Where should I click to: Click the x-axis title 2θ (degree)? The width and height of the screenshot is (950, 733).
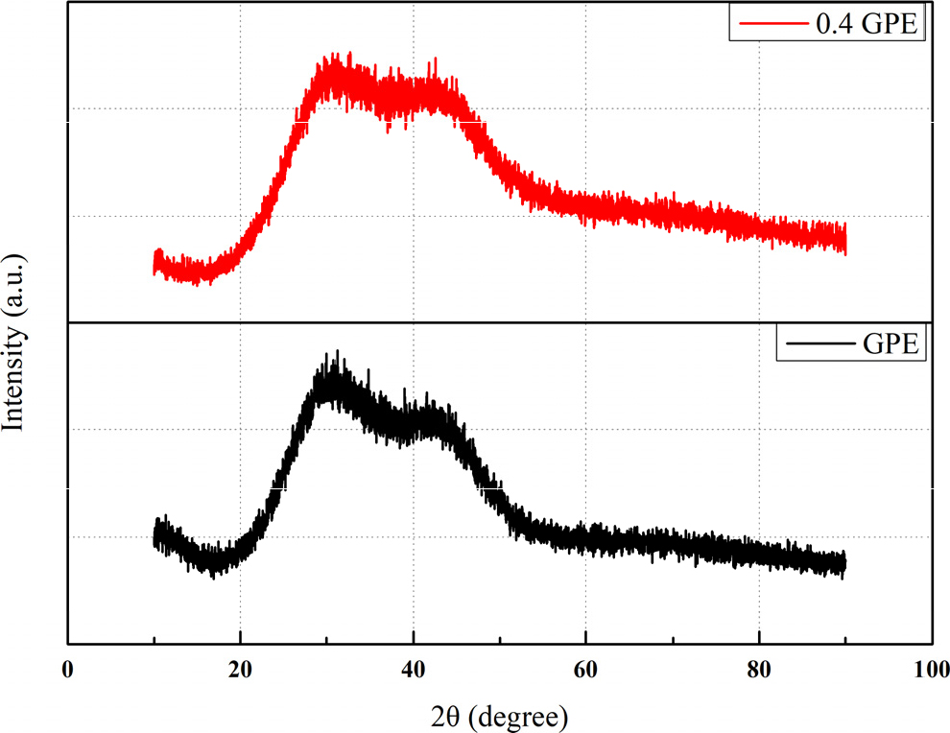click(x=498, y=715)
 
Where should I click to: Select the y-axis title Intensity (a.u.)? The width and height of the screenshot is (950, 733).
click(x=16, y=342)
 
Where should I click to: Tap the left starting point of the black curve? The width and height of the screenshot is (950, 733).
click(x=154, y=537)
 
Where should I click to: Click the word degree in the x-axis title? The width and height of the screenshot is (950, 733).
click(x=524, y=716)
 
